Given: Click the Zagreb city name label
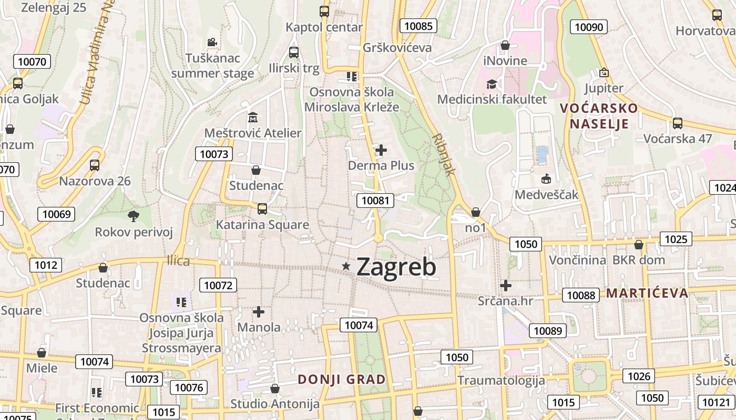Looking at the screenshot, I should coord(396,267).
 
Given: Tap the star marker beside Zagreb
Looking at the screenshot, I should coord(346,267).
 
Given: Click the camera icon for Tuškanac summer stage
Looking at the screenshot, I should coord(212,42).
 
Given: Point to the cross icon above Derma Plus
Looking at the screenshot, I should coord(381,150).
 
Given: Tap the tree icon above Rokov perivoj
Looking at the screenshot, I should coord(134,216).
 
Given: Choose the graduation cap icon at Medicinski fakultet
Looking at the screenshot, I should coord(492,84).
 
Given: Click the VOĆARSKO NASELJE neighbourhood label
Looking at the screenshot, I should coord(599,116).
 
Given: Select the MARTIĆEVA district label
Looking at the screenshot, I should coord(647,293).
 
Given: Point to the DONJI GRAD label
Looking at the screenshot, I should coord(342,379).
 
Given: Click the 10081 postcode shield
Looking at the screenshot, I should coord(375,200).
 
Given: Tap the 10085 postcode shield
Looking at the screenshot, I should coord(418,26).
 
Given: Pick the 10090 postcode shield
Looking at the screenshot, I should coord(590,27).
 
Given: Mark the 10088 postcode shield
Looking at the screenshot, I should coord(581,295).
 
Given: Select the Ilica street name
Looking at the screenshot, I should coord(178,261).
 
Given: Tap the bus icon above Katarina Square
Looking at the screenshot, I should coord(262,209).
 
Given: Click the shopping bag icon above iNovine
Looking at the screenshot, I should coord(505,46).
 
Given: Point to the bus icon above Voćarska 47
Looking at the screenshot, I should coord(678,123).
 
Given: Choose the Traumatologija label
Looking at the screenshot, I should coord(501,380).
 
